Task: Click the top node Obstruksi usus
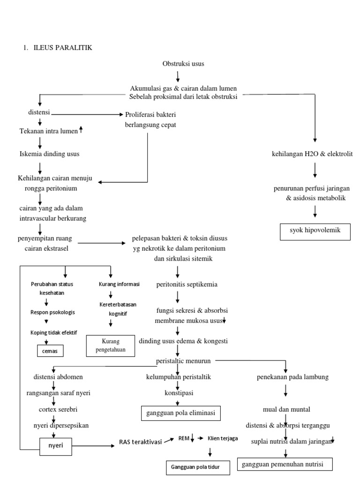coord(183,64)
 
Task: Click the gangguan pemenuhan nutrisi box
coord(285,464)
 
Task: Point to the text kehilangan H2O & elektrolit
coord(312,154)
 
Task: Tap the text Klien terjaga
coord(223,438)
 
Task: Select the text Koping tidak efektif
coord(54,332)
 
